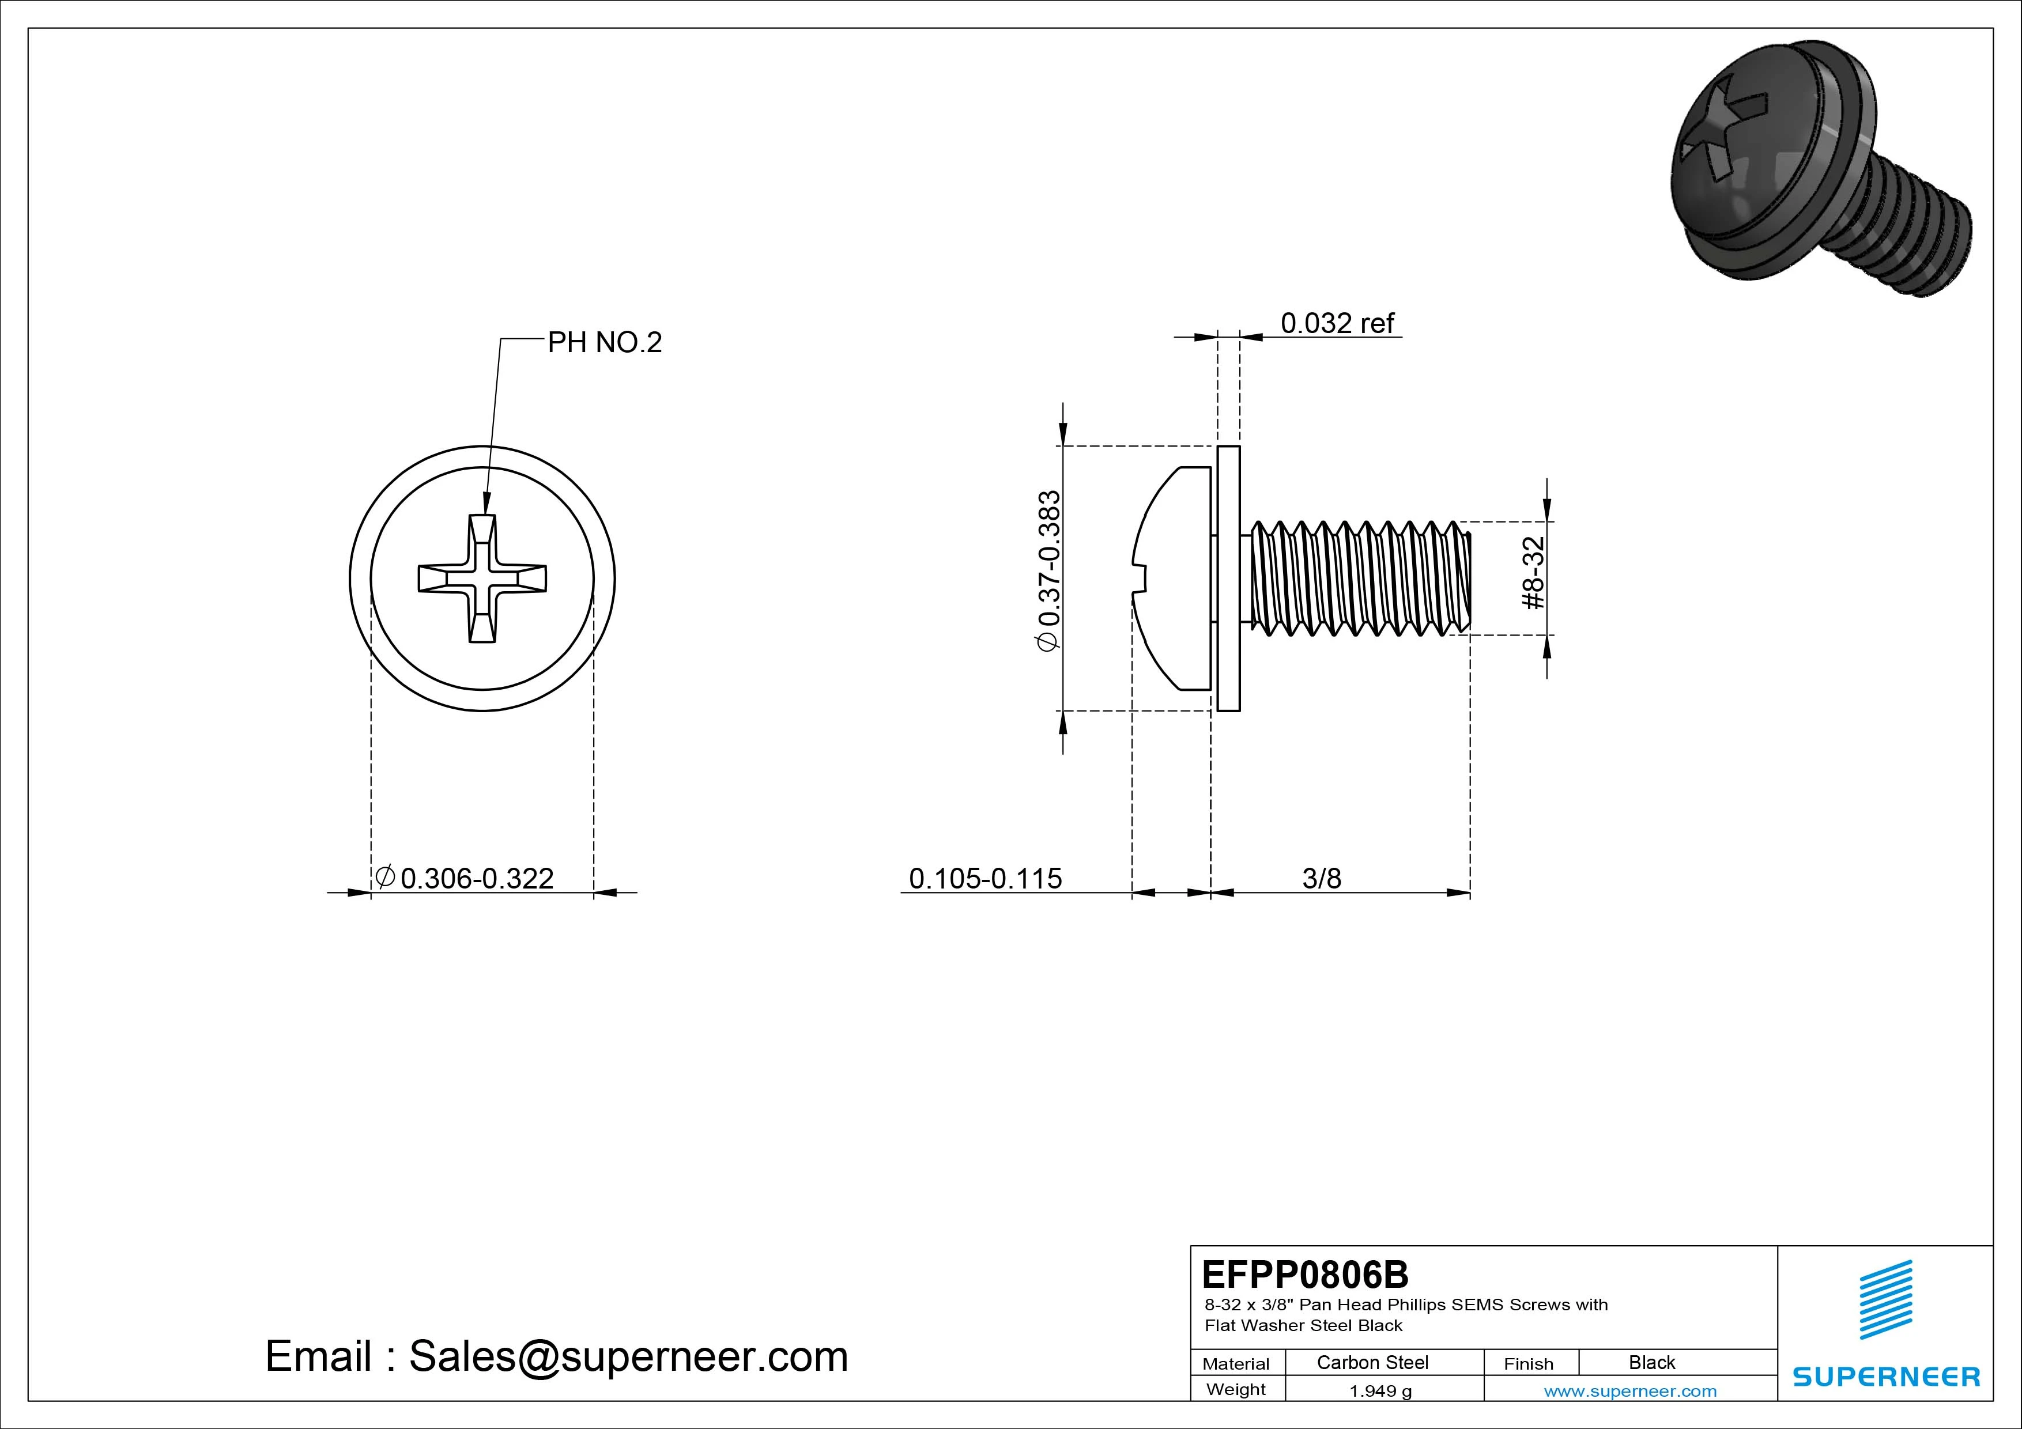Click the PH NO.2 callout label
click(604, 342)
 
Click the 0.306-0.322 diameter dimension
click(477, 878)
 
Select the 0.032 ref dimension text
click(1337, 323)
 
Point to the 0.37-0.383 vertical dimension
click(1050, 570)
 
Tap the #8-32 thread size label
click(1533, 573)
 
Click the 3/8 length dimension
click(1321, 878)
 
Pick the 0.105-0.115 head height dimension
click(984, 878)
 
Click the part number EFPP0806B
click(1304, 1274)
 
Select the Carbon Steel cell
click(1372, 1362)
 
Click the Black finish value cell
click(1651, 1362)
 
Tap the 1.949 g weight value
click(1380, 1391)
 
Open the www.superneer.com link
click(1629, 1391)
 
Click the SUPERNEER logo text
click(1885, 1376)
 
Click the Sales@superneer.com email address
click(628, 1356)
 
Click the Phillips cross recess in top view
click(482, 579)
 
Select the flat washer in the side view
click(1228, 579)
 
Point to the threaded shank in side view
click(1356, 579)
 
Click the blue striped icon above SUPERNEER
click(1885, 1299)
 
